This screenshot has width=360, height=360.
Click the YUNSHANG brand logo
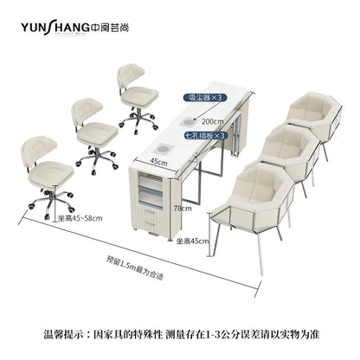click(74, 28)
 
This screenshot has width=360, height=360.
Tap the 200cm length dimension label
click(213, 121)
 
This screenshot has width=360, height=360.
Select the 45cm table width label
click(158, 163)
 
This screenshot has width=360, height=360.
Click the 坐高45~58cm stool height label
click(80, 218)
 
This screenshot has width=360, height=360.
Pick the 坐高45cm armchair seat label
click(192, 241)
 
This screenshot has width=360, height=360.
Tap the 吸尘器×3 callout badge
click(205, 98)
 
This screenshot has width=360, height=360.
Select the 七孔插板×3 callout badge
click(205, 136)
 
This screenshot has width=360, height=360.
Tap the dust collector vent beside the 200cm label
click(186, 122)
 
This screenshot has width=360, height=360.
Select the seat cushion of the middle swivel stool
click(98, 132)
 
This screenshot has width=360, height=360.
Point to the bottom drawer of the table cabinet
click(152, 224)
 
